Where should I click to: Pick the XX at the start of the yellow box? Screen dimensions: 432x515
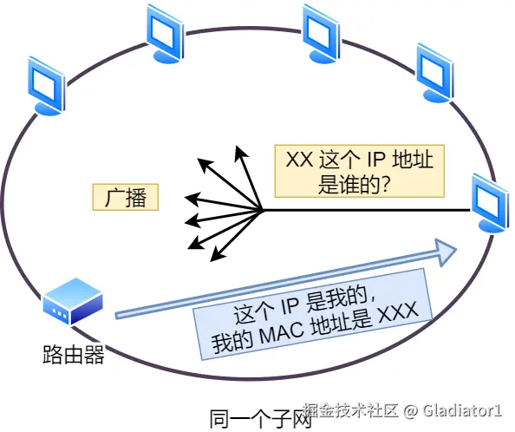[299, 160]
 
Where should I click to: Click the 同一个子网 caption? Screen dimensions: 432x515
[260, 417]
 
